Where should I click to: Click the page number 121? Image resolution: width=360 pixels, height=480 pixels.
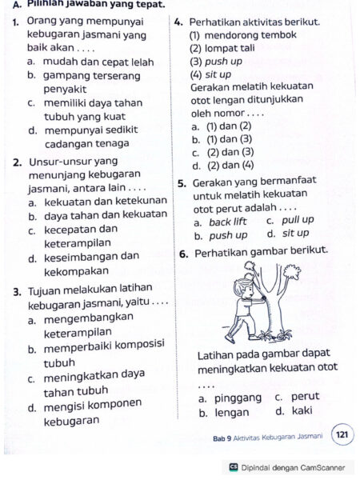(342, 435)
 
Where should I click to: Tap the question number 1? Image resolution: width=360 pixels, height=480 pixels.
(16, 21)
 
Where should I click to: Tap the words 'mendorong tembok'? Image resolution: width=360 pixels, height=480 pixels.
(251, 35)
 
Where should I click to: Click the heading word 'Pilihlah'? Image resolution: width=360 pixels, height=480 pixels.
(49, 5)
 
